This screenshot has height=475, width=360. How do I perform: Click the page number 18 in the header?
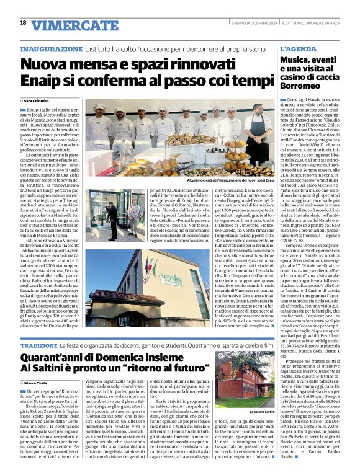[x=23, y=24]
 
